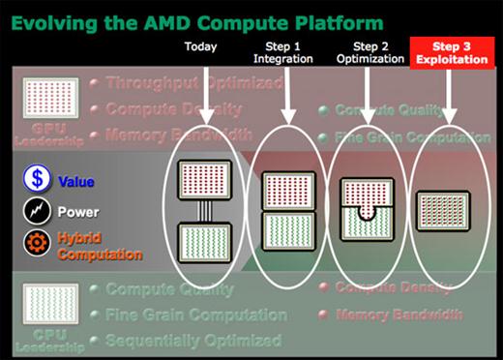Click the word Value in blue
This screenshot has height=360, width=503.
(x=76, y=181)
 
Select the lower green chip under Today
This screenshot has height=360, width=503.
(x=209, y=246)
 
